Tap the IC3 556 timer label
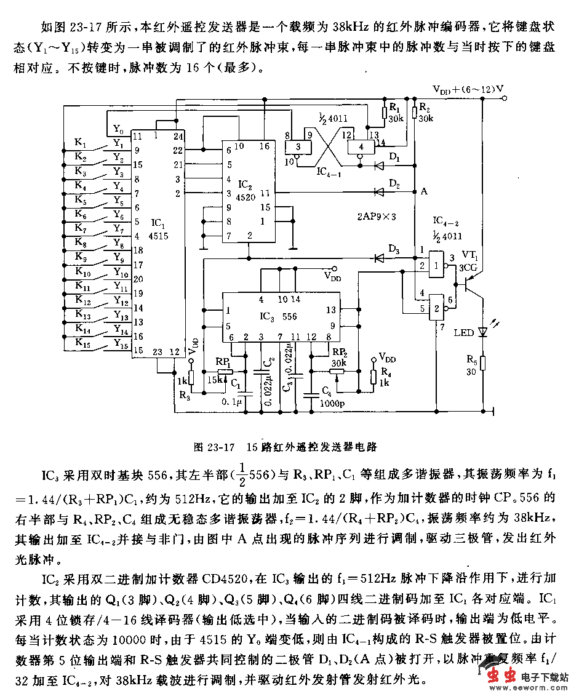click(278, 316)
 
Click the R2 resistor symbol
click(415, 111)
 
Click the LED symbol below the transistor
click(483, 332)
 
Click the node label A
click(423, 191)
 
